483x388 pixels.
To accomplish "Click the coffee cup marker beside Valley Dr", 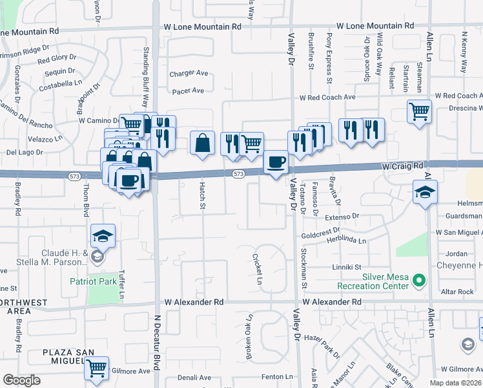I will [x=276, y=162].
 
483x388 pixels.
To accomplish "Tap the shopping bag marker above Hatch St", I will [x=203, y=143].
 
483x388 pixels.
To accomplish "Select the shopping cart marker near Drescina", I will [x=419, y=111].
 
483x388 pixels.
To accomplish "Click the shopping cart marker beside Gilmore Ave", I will [x=97, y=369].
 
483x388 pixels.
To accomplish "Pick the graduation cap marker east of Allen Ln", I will [x=426, y=192].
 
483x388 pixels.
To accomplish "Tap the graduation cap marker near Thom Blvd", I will [x=103, y=237].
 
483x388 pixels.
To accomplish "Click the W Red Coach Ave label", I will [x=327, y=97].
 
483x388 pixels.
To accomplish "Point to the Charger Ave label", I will [x=189, y=74].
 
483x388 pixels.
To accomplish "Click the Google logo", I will [x=21, y=380].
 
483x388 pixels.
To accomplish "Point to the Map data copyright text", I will [x=455, y=383].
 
